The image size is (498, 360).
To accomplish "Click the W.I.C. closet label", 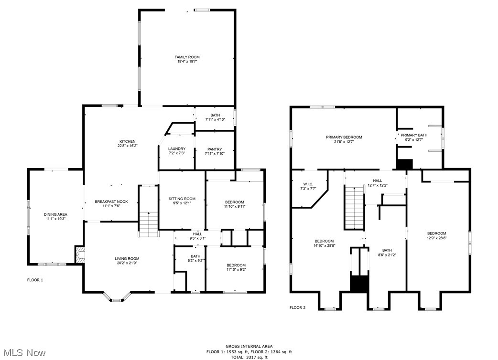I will coord(307,184).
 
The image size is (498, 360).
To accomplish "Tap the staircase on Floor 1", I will coord(148,224).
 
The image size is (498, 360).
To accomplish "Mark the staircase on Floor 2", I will coord(354,208).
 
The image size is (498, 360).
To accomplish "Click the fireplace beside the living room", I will coord(79,254).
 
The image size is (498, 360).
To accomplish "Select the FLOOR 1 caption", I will coord(35,280).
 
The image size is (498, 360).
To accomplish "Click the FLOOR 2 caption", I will coord(297,307).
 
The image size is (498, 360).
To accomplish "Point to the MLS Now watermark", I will coord(23,353).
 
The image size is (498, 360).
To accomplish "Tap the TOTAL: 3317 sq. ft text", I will coord(249,357).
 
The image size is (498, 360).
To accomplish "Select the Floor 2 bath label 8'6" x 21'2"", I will coord(387,255).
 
